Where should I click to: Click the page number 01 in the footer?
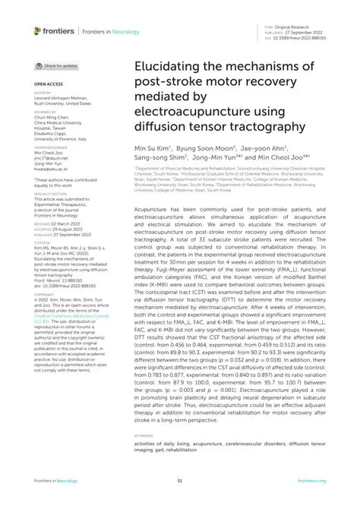[180, 481]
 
